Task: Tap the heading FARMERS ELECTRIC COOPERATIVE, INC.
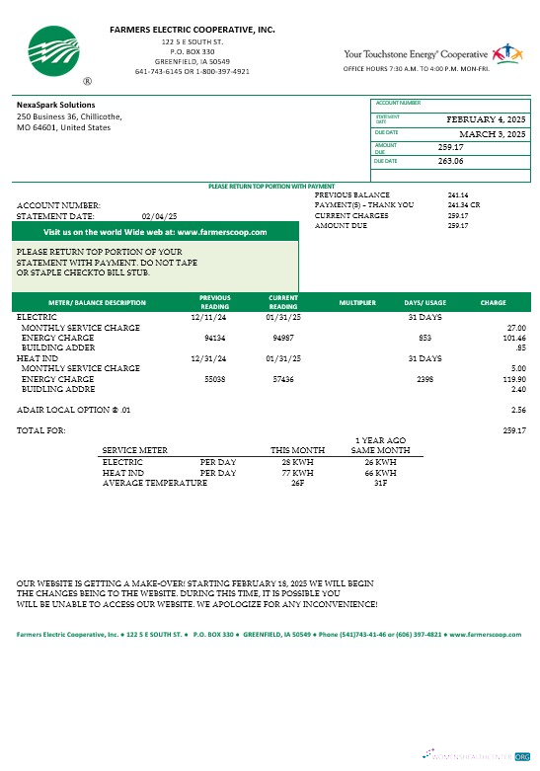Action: (x=193, y=31)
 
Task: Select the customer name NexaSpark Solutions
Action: (x=56, y=105)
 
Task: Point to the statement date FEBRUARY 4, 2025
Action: (x=487, y=118)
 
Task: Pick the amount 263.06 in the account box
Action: (x=450, y=160)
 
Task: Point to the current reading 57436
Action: (x=284, y=378)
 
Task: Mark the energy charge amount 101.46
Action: (x=513, y=337)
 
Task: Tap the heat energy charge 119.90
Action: (x=513, y=378)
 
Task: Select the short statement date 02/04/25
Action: (x=159, y=215)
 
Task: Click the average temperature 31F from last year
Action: (x=379, y=484)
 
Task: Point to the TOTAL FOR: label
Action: (x=41, y=430)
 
